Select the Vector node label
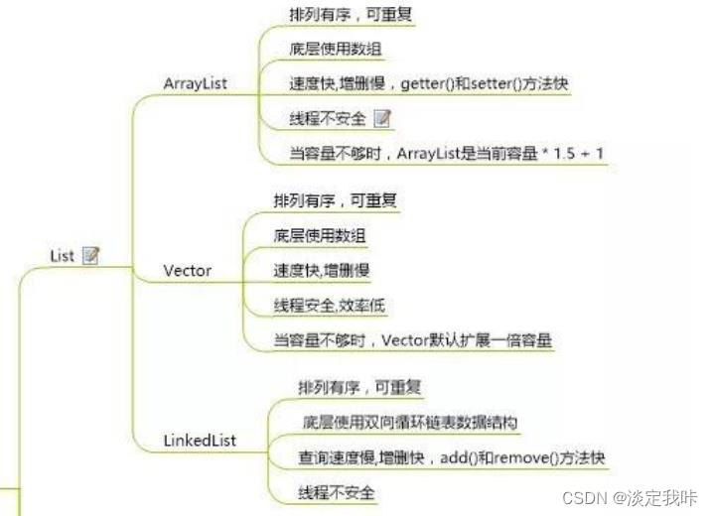click(187, 270)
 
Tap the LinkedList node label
click(200, 441)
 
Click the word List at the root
click(62, 256)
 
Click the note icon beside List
click(90, 256)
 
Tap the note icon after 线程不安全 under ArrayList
click(382, 119)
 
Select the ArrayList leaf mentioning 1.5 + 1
click(446, 154)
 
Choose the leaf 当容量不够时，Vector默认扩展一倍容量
click(412, 339)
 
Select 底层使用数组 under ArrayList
click(336, 49)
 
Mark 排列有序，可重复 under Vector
click(337, 200)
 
